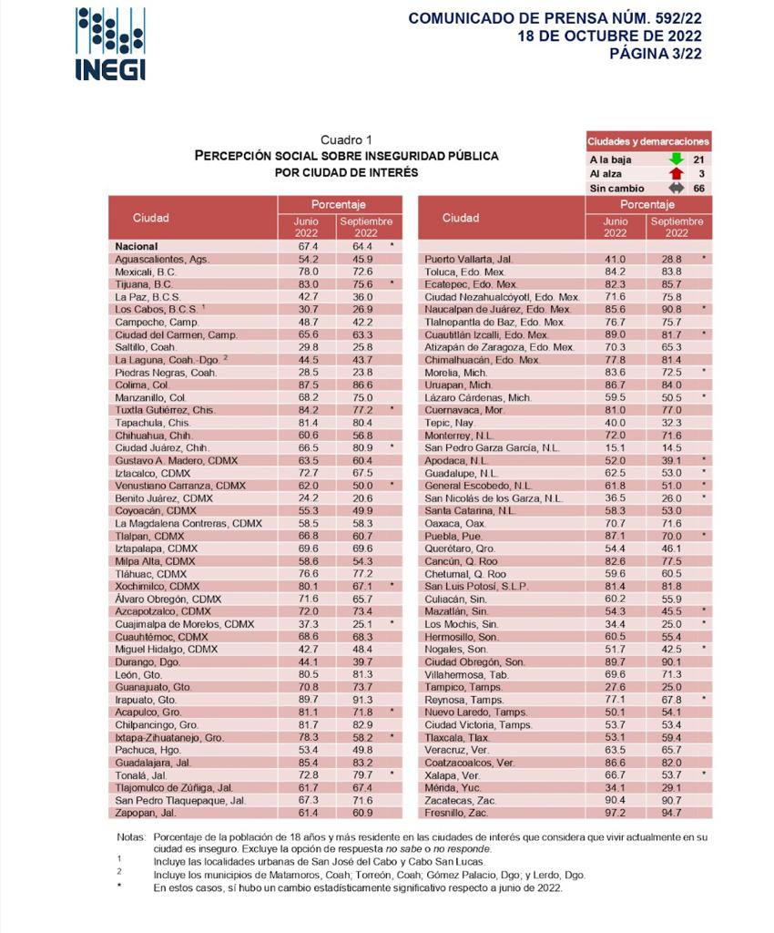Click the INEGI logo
coord(110,44)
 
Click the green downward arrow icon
coord(676,159)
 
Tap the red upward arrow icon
coord(676,173)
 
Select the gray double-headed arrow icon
coord(676,188)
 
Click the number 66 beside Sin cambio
coord(699,188)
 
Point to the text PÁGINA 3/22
coord(656,53)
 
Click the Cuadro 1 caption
coord(346,139)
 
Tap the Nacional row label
coord(137,246)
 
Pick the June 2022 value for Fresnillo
coord(616,811)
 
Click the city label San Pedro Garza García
coord(492,447)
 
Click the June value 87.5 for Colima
coord(307,385)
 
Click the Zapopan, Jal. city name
coord(146,811)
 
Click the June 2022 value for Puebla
coord(616,537)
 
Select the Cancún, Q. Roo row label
coord(459,562)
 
